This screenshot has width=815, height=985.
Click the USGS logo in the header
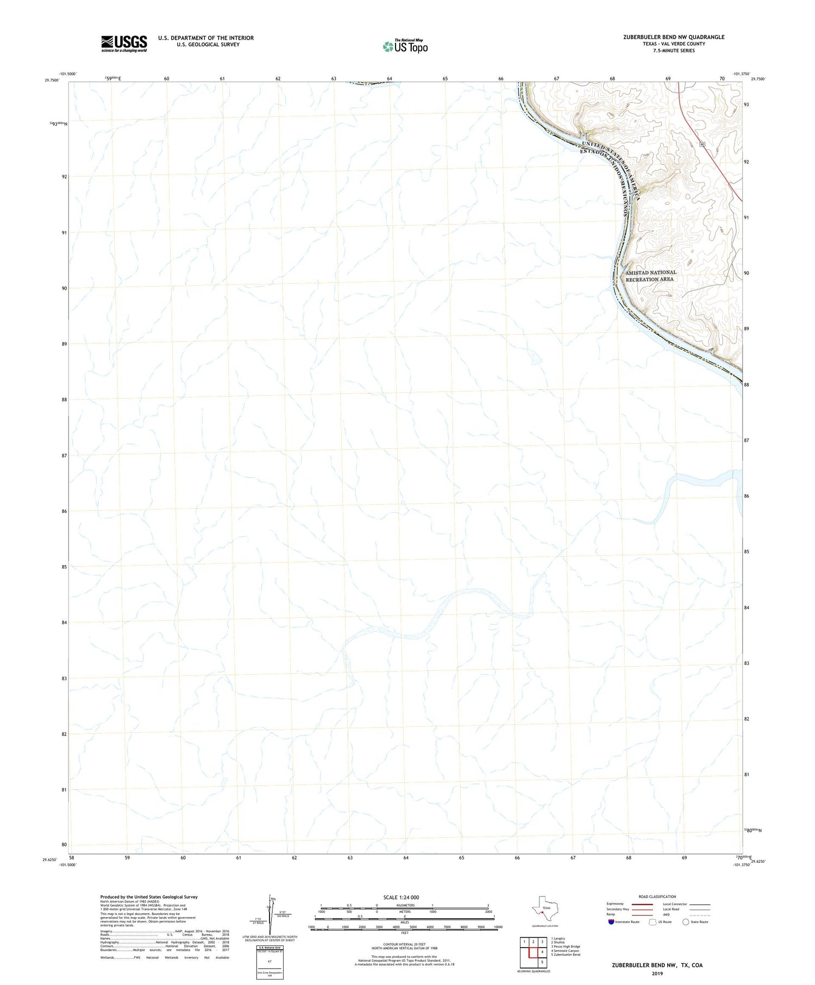(x=124, y=43)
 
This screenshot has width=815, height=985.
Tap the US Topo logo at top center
(x=405, y=47)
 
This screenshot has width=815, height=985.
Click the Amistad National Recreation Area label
(x=650, y=275)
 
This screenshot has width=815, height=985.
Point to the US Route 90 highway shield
(x=703, y=144)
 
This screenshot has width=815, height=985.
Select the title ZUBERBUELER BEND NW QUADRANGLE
(x=674, y=37)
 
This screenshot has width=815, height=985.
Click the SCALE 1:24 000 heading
(x=401, y=897)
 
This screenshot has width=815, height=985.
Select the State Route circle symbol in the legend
(x=686, y=922)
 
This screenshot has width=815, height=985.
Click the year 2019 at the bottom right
(x=657, y=973)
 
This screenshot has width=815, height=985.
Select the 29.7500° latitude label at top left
(x=52, y=80)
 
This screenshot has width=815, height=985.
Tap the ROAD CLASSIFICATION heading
(x=657, y=896)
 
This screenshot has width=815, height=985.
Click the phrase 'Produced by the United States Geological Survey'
(x=149, y=897)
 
